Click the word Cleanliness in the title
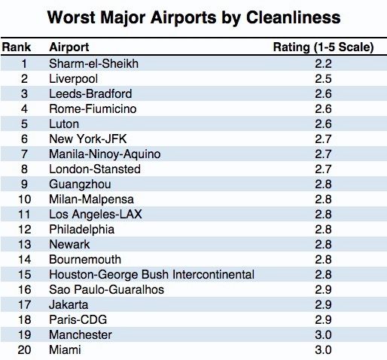click(x=293, y=17)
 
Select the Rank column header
click(x=17, y=47)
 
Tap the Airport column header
click(x=69, y=47)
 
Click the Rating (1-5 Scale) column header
click(x=324, y=47)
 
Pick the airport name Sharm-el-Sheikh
click(x=93, y=63)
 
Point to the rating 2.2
click(x=323, y=63)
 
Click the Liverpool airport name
click(x=73, y=79)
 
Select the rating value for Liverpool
click(x=323, y=79)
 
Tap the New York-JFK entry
click(x=88, y=139)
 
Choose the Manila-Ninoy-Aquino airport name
click(x=105, y=154)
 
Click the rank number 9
click(x=24, y=184)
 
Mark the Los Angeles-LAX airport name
click(x=96, y=214)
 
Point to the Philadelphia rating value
click(x=323, y=229)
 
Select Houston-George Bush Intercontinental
click(x=151, y=274)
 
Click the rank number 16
click(x=24, y=289)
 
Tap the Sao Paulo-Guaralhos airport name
click(x=106, y=289)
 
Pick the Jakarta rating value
click(x=323, y=304)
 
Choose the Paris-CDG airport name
click(x=78, y=319)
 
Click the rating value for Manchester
click(x=323, y=334)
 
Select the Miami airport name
click(x=65, y=349)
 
